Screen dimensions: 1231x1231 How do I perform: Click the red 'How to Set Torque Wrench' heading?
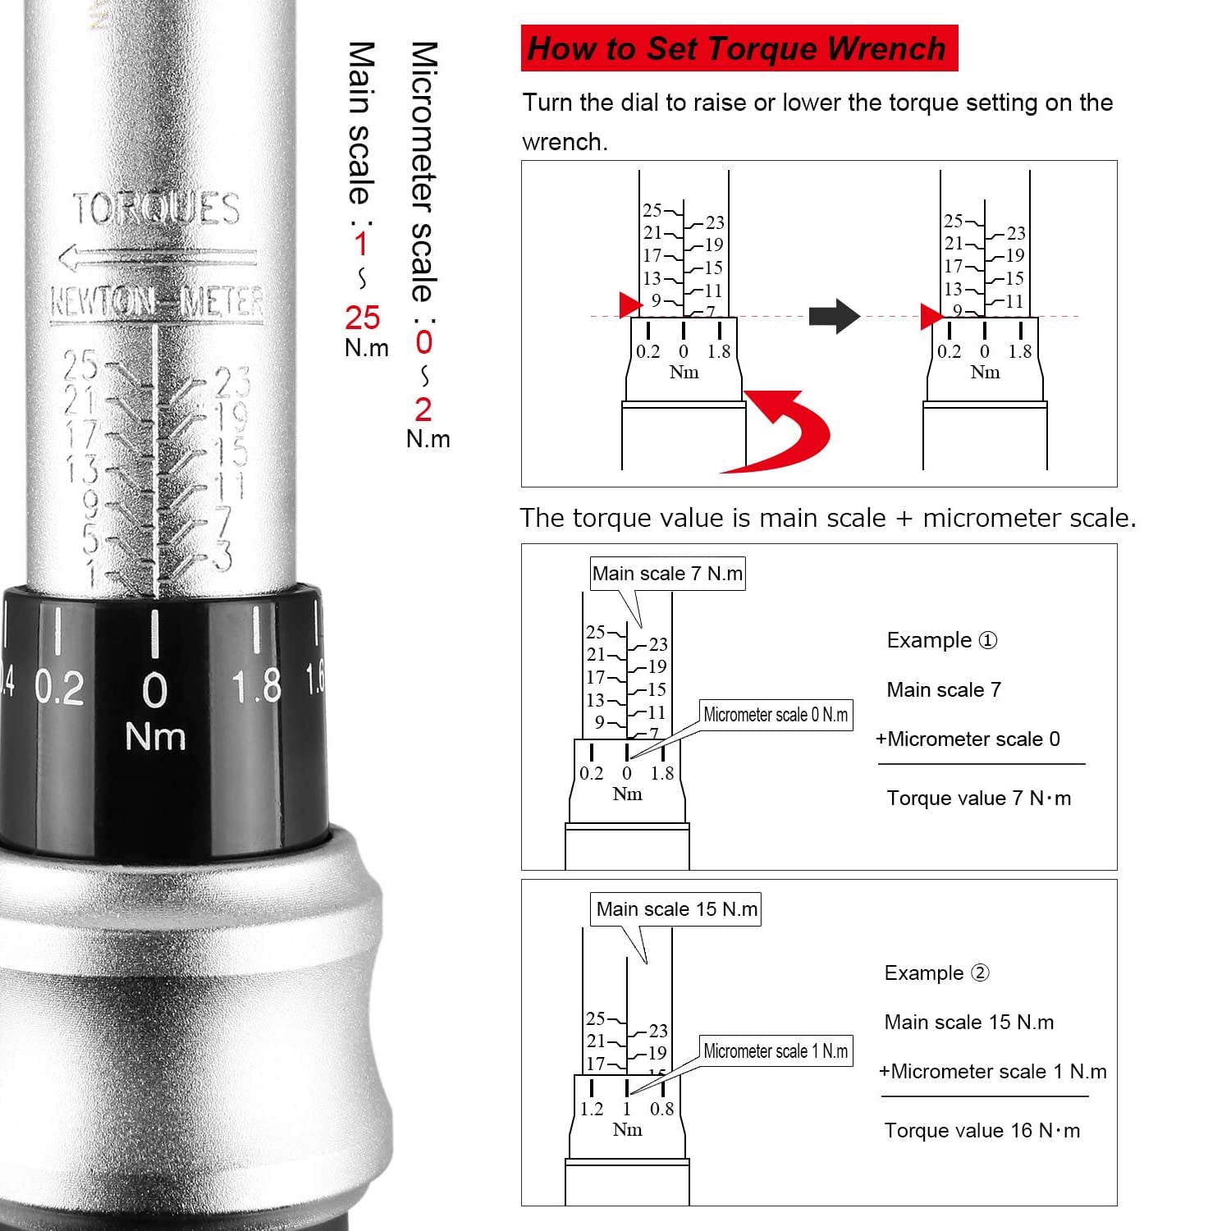739,48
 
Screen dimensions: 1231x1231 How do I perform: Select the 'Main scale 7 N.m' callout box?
668,574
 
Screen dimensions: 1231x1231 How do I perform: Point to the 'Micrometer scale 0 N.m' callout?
776,715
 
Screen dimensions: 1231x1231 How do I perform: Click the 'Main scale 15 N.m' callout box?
676,909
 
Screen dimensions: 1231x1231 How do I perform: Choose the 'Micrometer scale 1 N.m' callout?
776,1051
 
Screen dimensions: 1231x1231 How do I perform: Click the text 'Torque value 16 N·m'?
982,1131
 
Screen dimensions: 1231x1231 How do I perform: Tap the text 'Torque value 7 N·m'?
979,799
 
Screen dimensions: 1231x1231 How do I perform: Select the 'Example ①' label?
942,640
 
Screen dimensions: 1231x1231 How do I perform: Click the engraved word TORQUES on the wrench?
156,208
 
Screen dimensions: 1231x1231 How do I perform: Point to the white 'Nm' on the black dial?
155,736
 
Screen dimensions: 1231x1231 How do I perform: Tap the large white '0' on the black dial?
155,690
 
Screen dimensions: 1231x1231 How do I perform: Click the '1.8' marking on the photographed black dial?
257,686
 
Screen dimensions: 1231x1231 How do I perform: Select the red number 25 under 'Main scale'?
363,318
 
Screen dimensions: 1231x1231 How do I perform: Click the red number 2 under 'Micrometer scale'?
423,410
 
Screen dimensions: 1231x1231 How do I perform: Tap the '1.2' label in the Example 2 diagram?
592,1110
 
